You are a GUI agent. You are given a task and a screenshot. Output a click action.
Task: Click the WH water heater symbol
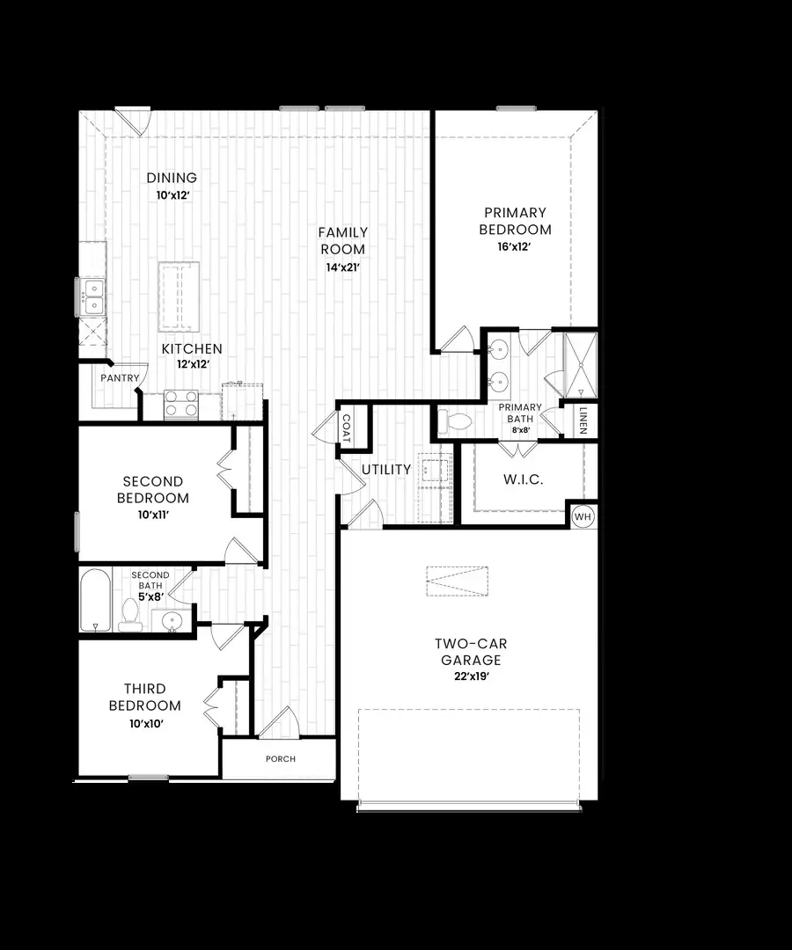(583, 516)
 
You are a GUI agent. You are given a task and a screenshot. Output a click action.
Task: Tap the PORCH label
(281, 758)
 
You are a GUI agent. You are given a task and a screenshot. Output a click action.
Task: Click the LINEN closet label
(583, 420)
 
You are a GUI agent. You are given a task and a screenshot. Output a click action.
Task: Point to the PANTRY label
(120, 377)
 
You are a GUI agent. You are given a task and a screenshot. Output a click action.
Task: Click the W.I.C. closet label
(524, 479)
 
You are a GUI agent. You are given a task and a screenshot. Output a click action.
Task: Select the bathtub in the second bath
(95, 600)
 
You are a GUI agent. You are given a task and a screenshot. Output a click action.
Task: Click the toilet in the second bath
(130, 613)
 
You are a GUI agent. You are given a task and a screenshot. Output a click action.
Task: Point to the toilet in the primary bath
(455, 422)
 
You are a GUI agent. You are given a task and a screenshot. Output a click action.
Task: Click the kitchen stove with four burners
(181, 404)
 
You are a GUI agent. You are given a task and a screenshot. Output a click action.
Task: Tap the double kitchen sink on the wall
(92, 296)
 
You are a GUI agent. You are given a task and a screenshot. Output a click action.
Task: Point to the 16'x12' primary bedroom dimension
(515, 247)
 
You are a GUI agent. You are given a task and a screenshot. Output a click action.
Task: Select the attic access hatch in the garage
(457, 581)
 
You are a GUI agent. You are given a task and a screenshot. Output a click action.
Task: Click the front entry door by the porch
(279, 722)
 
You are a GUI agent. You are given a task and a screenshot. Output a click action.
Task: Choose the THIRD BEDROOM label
(145, 697)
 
